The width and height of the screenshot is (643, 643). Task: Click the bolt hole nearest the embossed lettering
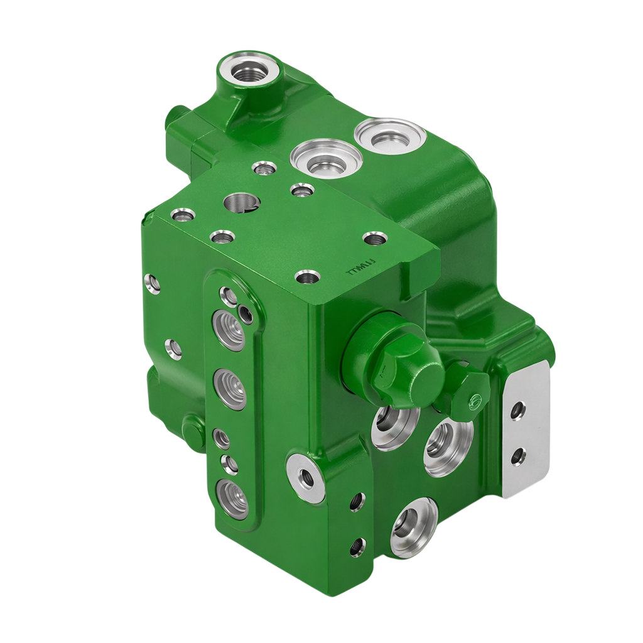point(306,276)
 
